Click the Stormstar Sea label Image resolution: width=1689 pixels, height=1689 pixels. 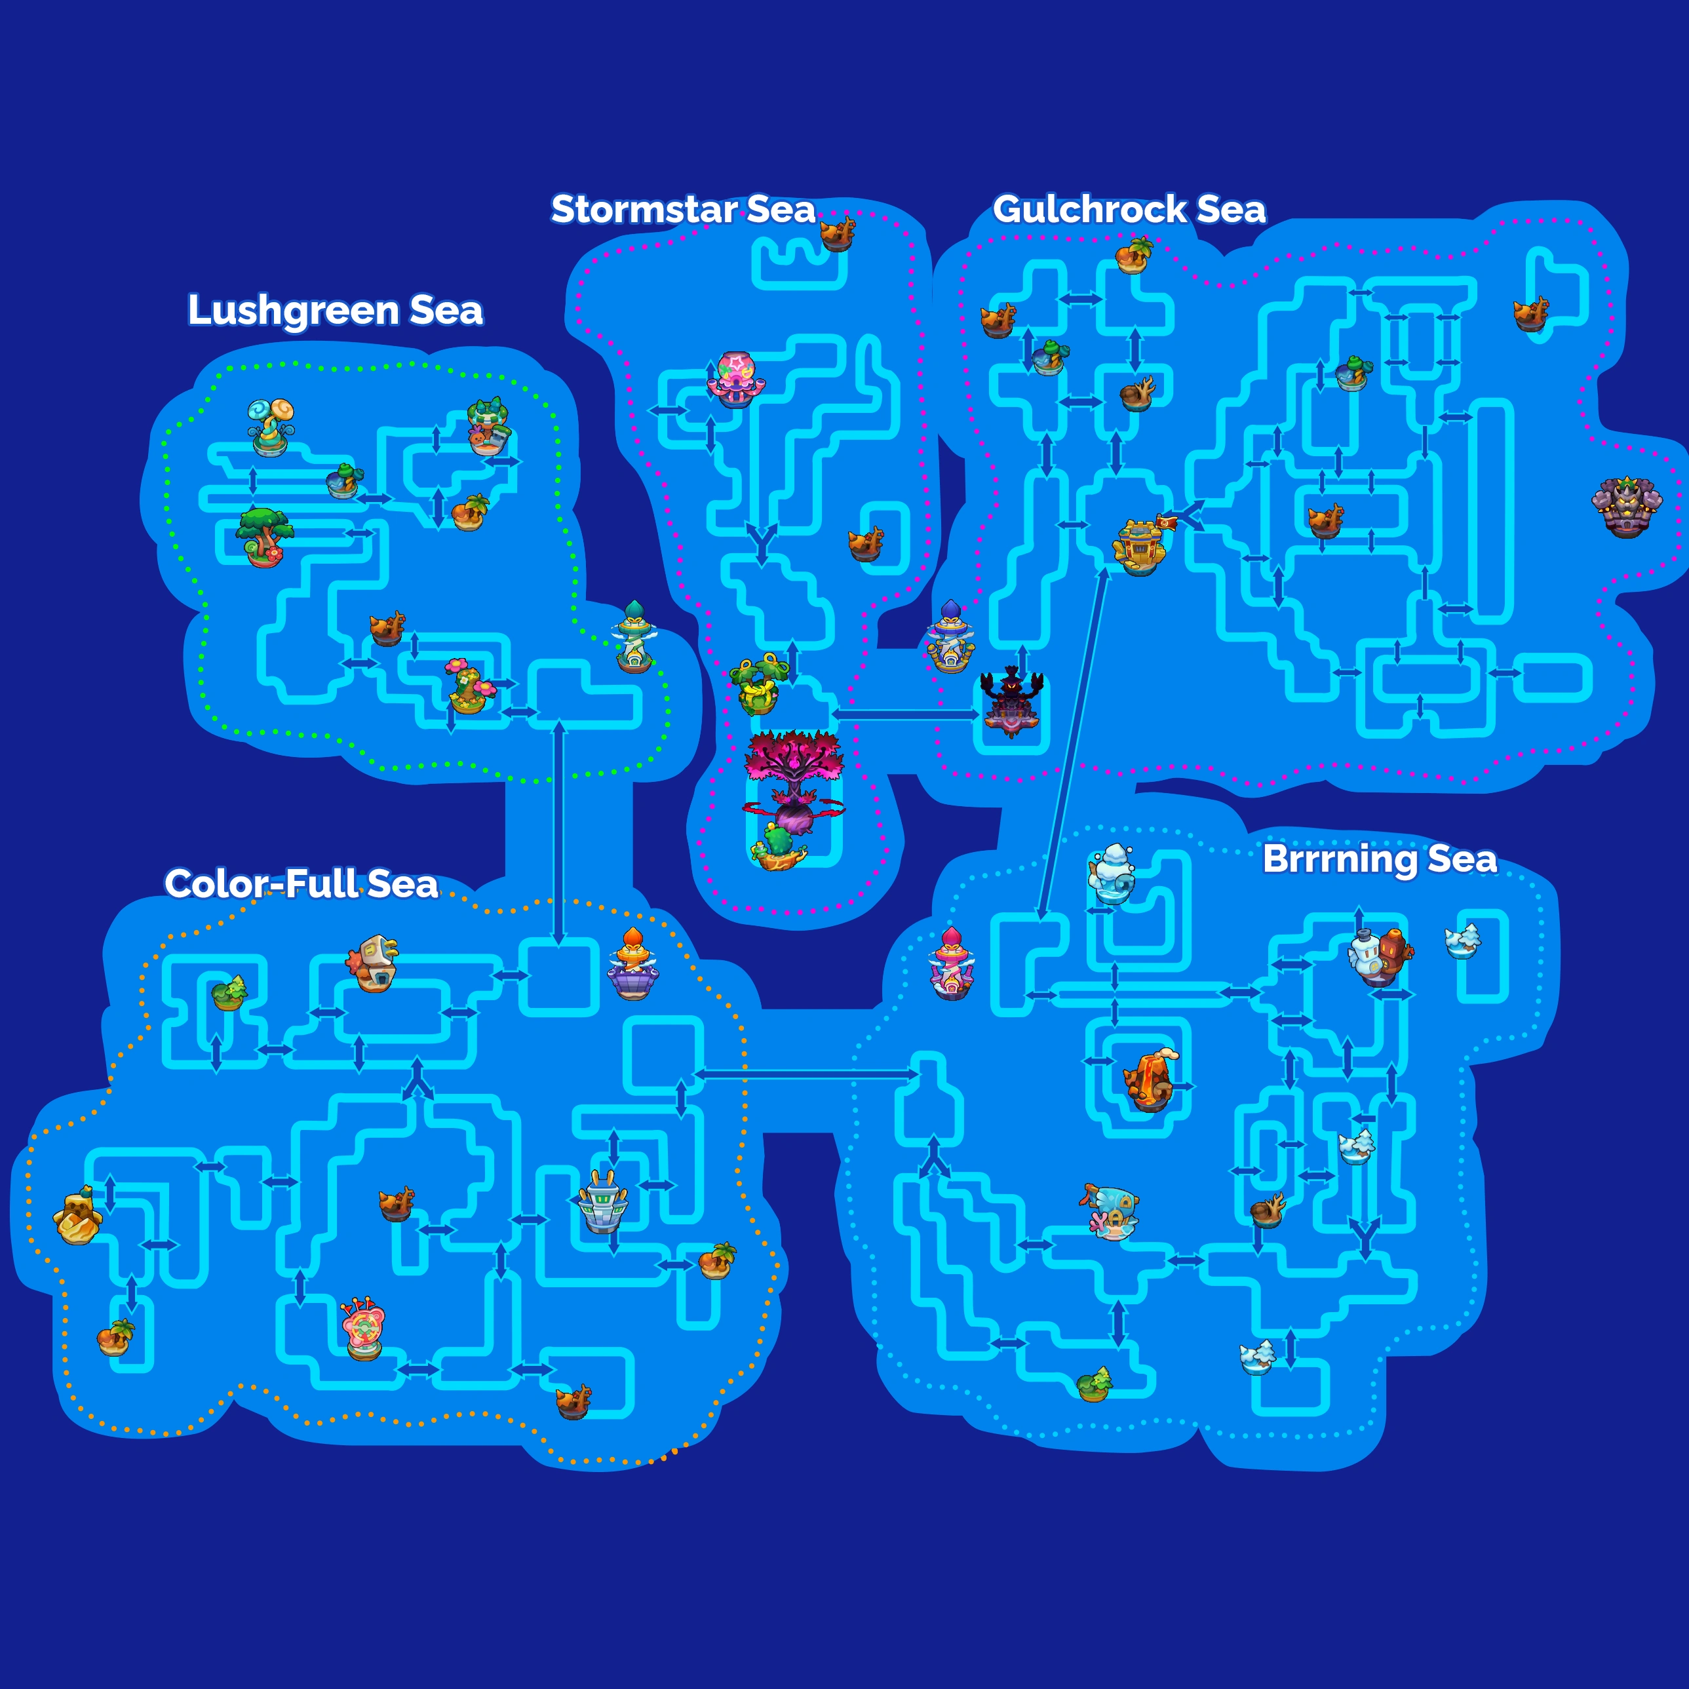[683, 210]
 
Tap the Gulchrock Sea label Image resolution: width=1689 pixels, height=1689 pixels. [1129, 210]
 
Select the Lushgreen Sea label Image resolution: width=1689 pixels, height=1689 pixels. [335, 311]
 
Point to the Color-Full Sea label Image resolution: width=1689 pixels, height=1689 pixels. [301, 884]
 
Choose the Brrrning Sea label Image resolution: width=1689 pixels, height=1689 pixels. [1380, 859]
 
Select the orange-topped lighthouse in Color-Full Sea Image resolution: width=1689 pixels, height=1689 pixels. [633, 964]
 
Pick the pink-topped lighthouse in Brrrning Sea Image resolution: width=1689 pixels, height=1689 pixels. [952, 963]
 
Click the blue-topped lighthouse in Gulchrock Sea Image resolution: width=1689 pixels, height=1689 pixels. [951, 636]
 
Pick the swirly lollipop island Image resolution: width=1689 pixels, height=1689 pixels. [271, 427]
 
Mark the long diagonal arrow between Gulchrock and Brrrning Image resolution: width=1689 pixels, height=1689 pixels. [1073, 744]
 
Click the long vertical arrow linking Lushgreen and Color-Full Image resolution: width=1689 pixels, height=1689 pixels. [558, 835]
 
